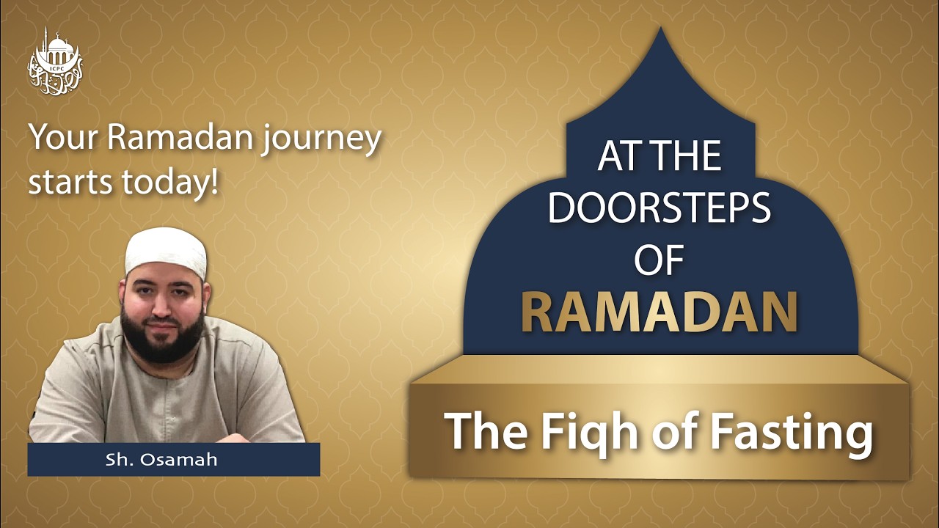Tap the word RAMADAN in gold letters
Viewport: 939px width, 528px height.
659,312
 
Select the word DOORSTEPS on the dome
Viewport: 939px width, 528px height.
659,208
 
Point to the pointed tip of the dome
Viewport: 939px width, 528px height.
660,33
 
